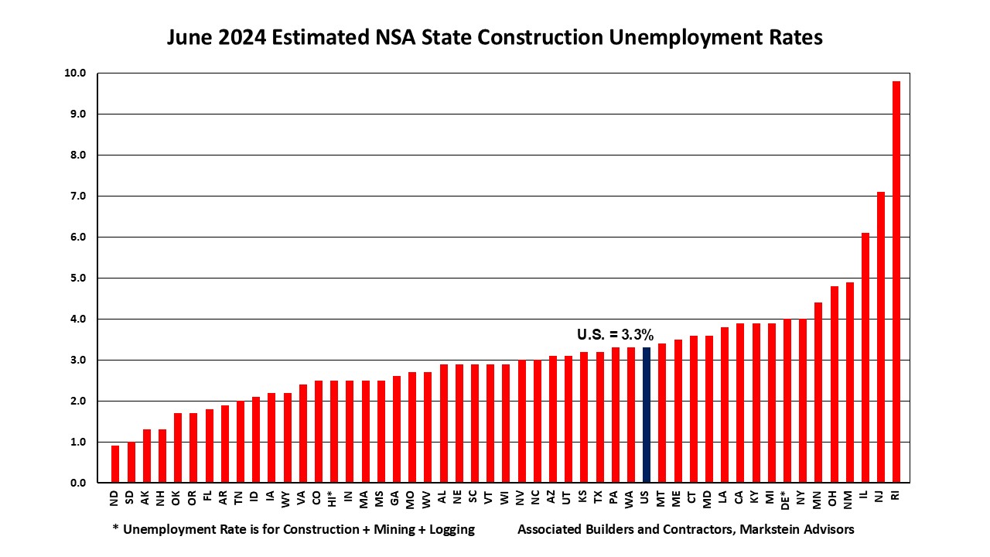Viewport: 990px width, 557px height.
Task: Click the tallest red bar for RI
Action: tap(896, 282)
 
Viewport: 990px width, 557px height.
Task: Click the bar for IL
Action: tap(865, 358)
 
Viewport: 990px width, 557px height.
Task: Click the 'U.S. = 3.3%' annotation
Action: tap(615, 335)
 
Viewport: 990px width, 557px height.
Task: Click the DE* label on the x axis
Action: tap(787, 499)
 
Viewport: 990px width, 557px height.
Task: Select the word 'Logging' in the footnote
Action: tap(449, 530)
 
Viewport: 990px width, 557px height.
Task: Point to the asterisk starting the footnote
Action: tap(115, 529)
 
